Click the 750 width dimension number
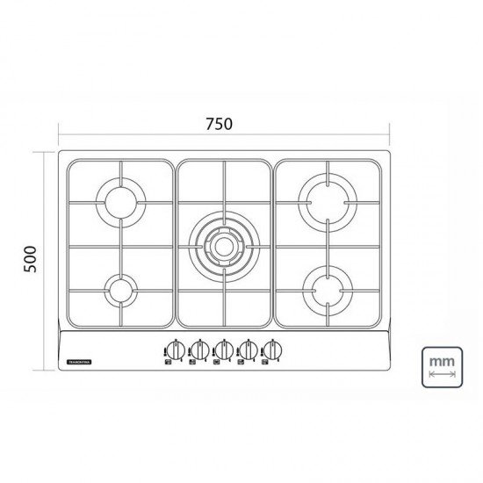click(x=221, y=124)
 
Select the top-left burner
click(x=121, y=201)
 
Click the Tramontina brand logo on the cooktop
click(x=80, y=360)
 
